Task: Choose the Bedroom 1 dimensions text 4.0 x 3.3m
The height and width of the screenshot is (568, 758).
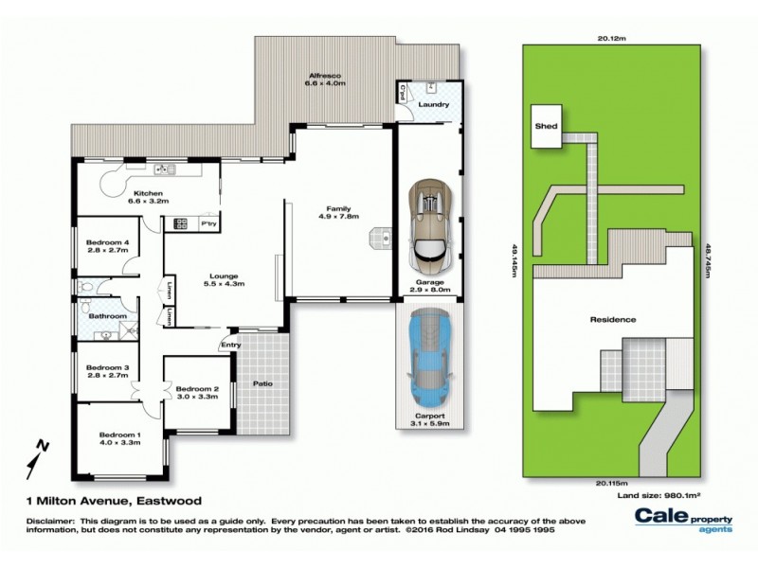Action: [x=119, y=442]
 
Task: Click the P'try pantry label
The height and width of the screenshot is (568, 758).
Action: [x=208, y=222]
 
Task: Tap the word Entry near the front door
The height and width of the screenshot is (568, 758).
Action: [x=231, y=345]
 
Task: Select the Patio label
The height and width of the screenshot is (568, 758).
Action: [x=262, y=383]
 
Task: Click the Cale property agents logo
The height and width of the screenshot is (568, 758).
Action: [x=683, y=520]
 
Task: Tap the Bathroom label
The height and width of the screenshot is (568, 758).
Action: [x=109, y=315]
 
